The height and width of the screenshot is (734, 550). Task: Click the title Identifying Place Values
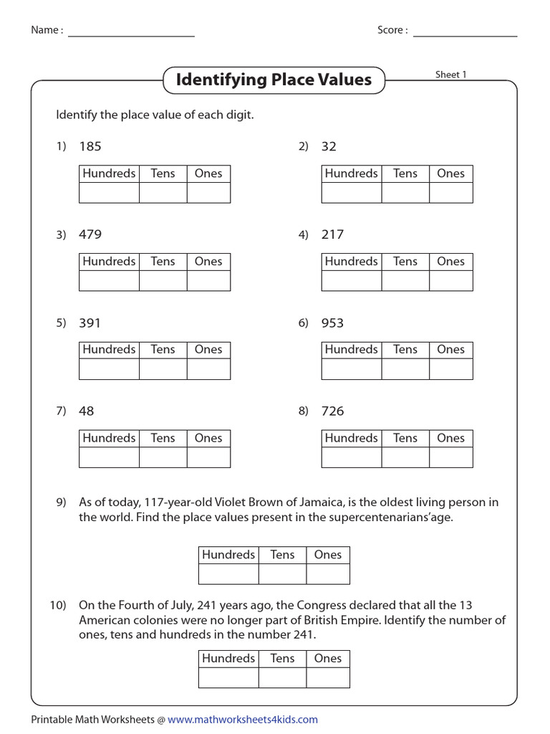(x=274, y=80)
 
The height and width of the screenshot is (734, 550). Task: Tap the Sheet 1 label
(x=450, y=75)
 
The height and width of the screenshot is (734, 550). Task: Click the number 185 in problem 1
(x=90, y=146)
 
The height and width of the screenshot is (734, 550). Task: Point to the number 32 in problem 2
(x=329, y=146)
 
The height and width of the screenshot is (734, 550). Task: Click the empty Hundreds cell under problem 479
(x=109, y=281)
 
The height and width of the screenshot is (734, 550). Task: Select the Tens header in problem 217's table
(x=405, y=262)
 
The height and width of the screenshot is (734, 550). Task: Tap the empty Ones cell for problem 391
(x=208, y=369)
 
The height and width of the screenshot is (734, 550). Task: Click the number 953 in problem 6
(x=332, y=323)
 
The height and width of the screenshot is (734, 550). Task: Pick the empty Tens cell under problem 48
(x=163, y=457)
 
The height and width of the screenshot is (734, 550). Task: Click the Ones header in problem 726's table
(x=450, y=438)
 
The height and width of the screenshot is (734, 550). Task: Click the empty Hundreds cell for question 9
(x=228, y=574)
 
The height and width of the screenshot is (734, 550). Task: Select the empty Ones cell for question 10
(x=328, y=678)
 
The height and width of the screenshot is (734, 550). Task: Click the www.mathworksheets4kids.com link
(x=243, y=720)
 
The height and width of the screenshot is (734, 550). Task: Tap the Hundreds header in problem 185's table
(x=109, y=173)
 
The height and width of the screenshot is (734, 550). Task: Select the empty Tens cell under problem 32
(x=405, y=193)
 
